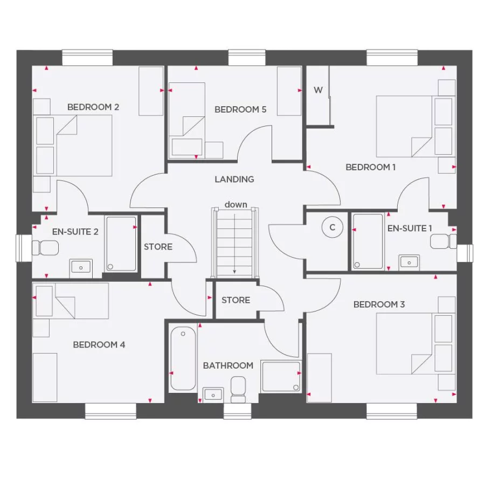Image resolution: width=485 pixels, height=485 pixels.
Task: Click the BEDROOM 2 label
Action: [93, 107]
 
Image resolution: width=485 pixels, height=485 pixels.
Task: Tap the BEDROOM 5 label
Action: [240, 110]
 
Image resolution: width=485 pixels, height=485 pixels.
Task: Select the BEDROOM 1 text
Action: [370, 168]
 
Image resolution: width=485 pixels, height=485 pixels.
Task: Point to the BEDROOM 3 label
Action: [379, 305]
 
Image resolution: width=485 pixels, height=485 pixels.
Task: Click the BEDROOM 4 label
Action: [99, 345]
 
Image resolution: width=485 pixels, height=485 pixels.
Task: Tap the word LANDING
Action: [234, 179]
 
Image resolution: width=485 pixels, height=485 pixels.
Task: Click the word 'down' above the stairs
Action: [236, 205]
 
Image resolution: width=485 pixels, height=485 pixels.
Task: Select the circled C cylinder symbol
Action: [332, 227]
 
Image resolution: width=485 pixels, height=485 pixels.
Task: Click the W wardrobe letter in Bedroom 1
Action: [318, 90]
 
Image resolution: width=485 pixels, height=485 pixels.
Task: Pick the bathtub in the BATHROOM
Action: [183, 359]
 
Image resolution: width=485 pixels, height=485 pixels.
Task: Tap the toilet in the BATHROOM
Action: [238, 389]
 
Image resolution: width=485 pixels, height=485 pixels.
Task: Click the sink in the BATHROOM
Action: [213, 394]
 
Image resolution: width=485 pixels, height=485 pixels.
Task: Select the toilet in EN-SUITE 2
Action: [45, 248]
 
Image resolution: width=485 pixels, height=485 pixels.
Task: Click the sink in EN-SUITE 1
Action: [409, 262]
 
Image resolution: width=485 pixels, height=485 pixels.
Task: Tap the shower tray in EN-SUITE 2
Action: [121, 243]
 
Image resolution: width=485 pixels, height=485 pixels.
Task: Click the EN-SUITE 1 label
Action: [410, 228]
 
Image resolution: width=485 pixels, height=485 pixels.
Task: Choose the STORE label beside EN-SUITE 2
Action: [158, 247]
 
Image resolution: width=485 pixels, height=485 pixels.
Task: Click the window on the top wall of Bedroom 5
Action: [247, 58]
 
